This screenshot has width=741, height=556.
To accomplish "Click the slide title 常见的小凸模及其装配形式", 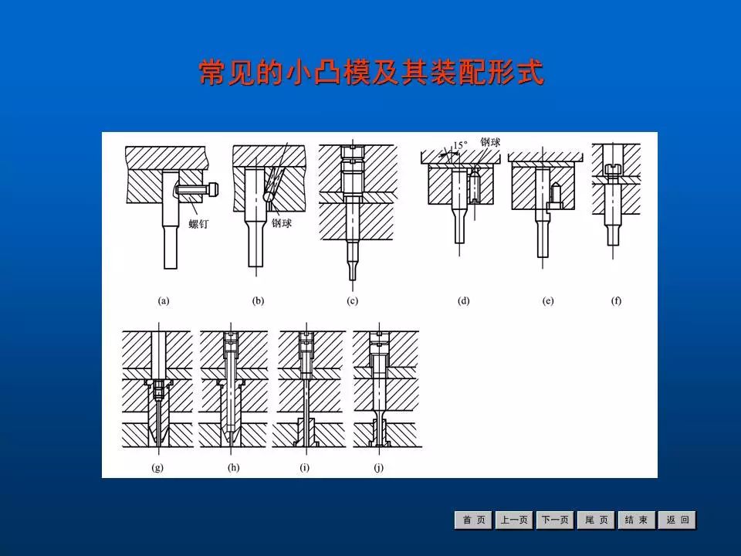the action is pyautogui.click(x=371, y=73).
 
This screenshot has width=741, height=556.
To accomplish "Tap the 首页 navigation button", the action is pyautogui.click(x=473, y=520).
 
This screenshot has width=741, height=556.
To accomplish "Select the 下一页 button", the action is pyautogui.click(x=555, y=520).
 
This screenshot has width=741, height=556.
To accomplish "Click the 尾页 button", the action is pyautogui.click(x=596, y=520).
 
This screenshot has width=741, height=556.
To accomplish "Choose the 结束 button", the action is pyautogui.click(x=637, y=520).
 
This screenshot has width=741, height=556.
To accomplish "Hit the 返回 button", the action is pyautogui.click(x=677, y=520).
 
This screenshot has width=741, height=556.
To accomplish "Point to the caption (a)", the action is pyautogui.click(x=163, y=300).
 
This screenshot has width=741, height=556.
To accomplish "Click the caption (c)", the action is pyautogui.click(x=352, y=300).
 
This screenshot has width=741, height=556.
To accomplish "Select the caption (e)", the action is pyautogui.click(x=548, y=300).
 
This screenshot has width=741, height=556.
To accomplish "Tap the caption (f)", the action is pyautogui.click(x=616, y=300).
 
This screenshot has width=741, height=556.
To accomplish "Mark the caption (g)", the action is pyautogui.click(x=157, y=468).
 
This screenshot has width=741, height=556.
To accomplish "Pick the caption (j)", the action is pyautogui.click(x=378, y=468).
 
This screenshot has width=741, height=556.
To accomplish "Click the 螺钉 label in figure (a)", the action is pyautogui.click(x=198, y=224).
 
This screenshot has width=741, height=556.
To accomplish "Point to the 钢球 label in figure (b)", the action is pyautogui.click(x=282, y=223).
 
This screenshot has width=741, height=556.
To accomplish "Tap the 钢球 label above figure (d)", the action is pyautogui.click(x=490, y=142).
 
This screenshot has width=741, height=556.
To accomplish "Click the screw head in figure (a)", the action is pyautogui.click(x=213, y=190).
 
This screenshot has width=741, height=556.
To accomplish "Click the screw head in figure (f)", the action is pyautogui.click(x=613, y=168).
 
